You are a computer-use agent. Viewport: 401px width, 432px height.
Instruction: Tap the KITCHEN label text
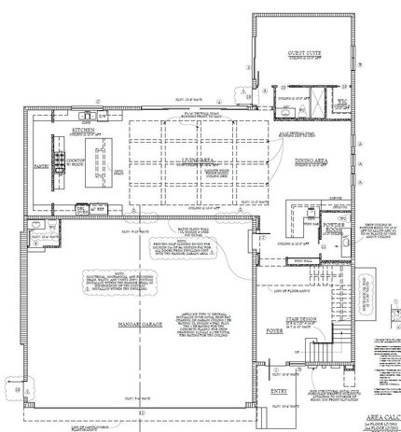point(87,132)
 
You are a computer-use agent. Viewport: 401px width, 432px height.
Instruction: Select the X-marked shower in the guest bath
point(326,101)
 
